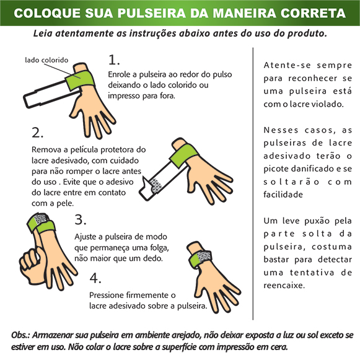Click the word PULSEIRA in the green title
(152, 13)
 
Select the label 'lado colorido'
(46, 60)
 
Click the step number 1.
(114, 59)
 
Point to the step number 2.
(37, 133)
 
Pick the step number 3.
(81, 219)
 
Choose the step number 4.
(95, 278)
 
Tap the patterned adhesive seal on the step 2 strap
(156, 185)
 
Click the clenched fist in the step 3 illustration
(32, 266)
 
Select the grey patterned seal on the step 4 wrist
(204, 257)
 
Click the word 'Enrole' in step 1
(119, 74)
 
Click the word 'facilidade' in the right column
(283, 195)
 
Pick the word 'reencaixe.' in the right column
(284, 286)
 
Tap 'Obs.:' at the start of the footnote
(20, 335)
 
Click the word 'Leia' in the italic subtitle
(43, 33)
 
